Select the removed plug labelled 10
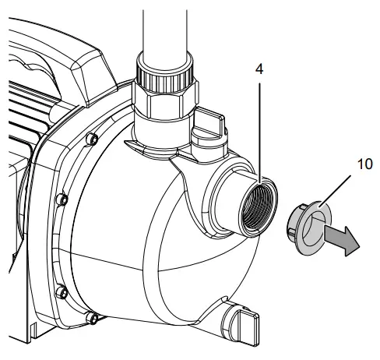(308, 227)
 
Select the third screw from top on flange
(62, 291)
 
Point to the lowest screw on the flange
(93, 316)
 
